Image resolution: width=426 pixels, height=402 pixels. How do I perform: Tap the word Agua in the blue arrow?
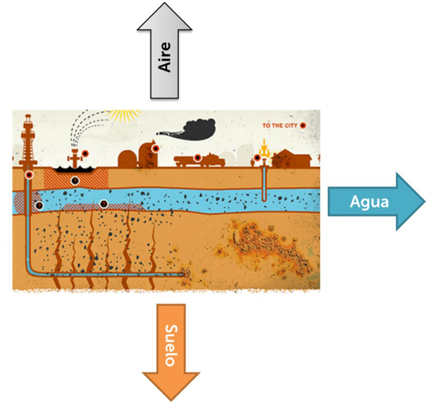[x=370, y=201]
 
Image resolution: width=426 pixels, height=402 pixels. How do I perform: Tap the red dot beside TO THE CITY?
[x=303, y=126]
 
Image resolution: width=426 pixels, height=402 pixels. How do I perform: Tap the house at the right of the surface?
[x=292, y=160]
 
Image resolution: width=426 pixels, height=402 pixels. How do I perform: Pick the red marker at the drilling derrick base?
[x=29, y=175]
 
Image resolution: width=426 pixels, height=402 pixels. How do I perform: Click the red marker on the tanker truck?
[x=197, y=158]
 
